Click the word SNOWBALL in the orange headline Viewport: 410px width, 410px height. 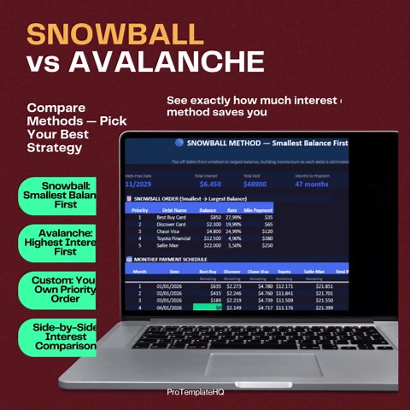point(115,33)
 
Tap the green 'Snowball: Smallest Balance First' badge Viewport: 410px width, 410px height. point(59,196)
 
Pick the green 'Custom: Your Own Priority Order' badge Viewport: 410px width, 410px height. point(59,289)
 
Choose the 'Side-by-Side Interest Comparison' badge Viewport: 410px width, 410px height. point(59,337)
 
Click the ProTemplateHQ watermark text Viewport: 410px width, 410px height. point(202,393)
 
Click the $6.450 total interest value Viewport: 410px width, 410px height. point(210,184)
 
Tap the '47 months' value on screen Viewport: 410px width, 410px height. point(312,184)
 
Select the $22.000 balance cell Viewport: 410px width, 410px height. point(208,244)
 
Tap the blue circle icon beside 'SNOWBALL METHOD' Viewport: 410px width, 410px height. point(179,144)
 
